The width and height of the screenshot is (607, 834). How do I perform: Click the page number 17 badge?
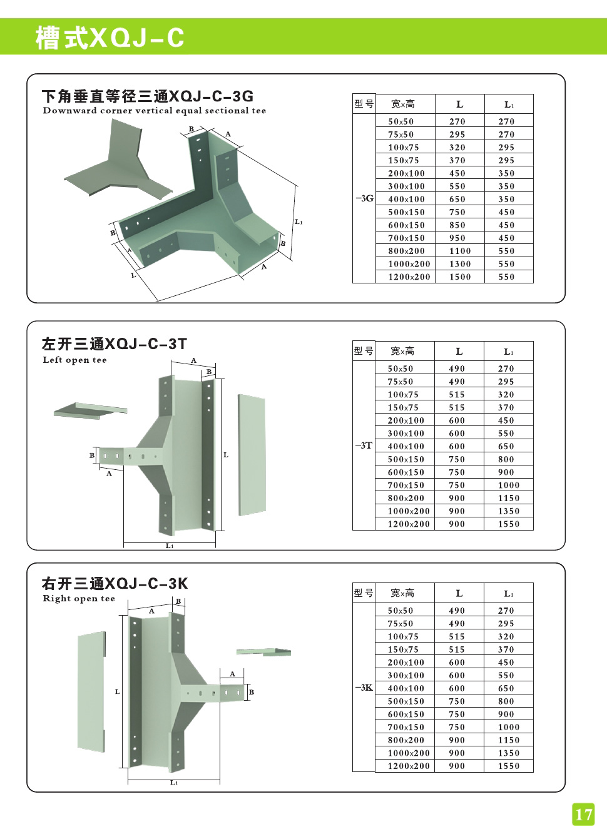coord(583,814)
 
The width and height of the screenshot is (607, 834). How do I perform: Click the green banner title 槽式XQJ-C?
coord(110,38)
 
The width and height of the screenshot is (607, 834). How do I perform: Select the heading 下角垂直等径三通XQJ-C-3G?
coord(148,96)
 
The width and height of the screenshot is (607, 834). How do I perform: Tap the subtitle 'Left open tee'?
coord(75,360)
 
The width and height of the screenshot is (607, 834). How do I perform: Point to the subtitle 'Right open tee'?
coord(79,598)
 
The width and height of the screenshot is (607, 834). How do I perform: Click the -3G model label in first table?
coord(364,198)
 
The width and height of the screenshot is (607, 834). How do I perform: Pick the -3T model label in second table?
coord(364,445)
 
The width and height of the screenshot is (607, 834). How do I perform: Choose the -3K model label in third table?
coord(364,688)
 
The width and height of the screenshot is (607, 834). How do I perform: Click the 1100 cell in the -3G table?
coord(460,251)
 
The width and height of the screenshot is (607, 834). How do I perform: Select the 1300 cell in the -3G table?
coord(460,264)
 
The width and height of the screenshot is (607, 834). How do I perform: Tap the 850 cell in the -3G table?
coord(457,225)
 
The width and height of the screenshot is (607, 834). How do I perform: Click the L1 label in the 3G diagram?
coord(298,221)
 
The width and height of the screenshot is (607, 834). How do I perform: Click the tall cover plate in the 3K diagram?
coord(91,691)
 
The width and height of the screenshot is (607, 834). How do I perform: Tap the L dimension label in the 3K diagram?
coord(117,691)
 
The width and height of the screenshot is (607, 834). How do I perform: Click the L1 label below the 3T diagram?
coord(170,546)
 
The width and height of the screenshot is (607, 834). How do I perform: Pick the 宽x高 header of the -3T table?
coord(402,351)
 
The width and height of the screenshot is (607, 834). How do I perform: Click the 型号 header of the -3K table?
coord(364,593)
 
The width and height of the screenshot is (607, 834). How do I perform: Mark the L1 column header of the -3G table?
coord(509,104)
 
